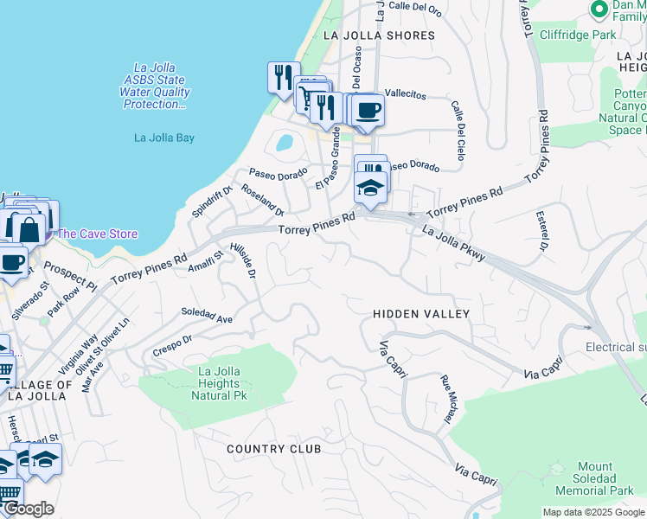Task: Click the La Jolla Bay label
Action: click(163, 137)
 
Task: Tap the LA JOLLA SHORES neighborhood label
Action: click(378, 35)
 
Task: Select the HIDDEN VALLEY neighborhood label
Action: click(421, 314)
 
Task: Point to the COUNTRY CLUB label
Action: click(274, 449)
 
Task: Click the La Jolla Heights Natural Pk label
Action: click(218, 383)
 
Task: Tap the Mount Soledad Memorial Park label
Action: click(594, 478)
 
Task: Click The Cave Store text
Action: click(97, 234)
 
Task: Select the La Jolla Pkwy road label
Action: click(454, 243)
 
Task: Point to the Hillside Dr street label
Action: click(243, 260)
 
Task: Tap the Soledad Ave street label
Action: click(207, 315)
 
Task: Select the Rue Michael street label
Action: click(447, 399)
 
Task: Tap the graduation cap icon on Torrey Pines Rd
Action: click(370, 187)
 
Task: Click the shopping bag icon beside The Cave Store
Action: click(29, 228)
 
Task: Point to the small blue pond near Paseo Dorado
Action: click(285, 141)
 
